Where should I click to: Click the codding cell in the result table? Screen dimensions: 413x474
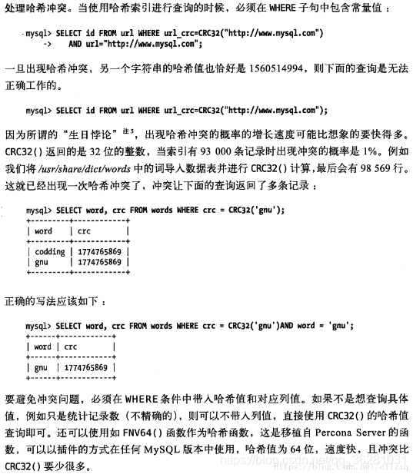[x=50, y=250]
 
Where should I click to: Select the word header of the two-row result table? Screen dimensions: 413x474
[x=44, y=230]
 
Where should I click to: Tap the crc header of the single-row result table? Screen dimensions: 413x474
[x=71, y=346]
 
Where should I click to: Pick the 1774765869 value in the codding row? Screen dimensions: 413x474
[x=98, y=250]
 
